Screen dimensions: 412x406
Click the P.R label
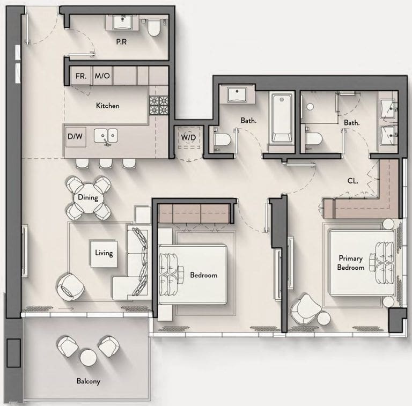(x=121, y=41)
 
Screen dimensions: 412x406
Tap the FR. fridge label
(x=81, y=76)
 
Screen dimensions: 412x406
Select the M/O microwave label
(x=102, y=76)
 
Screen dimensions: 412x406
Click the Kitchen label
(x=108, y=106)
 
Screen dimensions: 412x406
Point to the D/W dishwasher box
(x=76, y=137)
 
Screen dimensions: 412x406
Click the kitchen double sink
(x=106, y=136)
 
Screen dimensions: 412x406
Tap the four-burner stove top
(x=159, y=105)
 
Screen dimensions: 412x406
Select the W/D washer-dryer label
(x=188, y=137)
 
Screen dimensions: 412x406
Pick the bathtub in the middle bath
(x=282, y=117)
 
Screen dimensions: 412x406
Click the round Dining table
(x=88, y=197)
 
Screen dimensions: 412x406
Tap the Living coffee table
(x=104, y=254)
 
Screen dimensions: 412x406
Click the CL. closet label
(x=353, y=181)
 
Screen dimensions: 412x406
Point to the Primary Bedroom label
(x=350, y=263)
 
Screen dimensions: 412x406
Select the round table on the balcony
(x=89, y=357)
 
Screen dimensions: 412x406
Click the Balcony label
(x=89, y=381)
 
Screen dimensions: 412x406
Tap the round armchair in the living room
(x=70, y=287)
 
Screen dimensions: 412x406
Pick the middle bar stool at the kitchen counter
(x=105, y=163)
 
